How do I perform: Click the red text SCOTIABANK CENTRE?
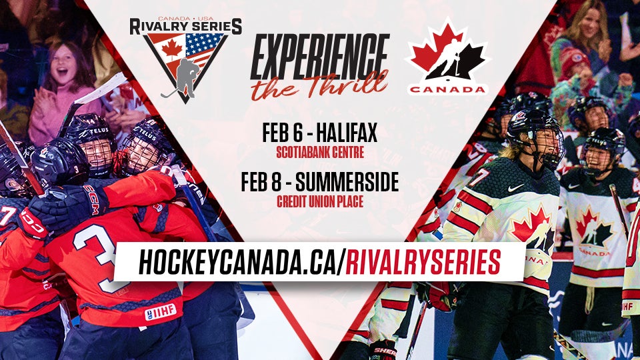(320, 153)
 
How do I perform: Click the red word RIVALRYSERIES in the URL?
(424, 262)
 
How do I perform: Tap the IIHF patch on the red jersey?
(160, 311)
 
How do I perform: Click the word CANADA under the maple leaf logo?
(447, 89)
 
